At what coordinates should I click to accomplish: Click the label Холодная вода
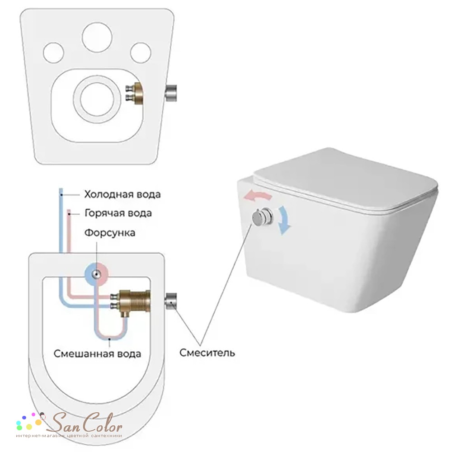tap(122, 194)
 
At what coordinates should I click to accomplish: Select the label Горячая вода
tap(118, 213)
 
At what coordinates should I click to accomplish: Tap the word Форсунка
tap(109, 233)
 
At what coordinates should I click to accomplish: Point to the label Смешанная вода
tap(98, 353)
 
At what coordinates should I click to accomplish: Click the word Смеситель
tap(207, 352)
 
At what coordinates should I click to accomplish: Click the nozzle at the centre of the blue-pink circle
tap(96, 274)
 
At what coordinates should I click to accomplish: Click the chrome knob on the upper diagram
tap(171, 93)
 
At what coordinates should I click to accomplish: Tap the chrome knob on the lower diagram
tap(171, 301)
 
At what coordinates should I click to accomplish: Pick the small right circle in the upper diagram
tap(141, 53)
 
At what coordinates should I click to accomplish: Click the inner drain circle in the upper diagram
tap(95, 99)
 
